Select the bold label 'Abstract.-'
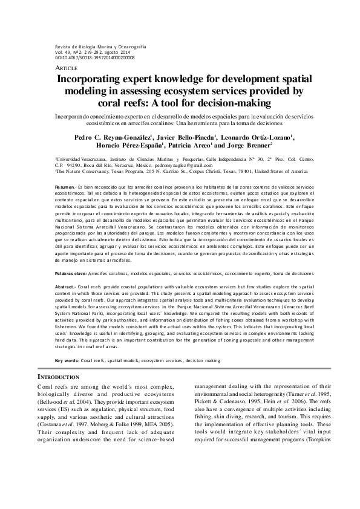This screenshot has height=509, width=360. [65, 285]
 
